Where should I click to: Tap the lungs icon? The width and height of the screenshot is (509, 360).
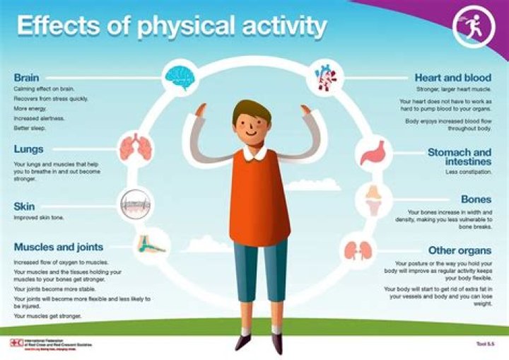click(x=134, y=147)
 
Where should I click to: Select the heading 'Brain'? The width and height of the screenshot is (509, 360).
click(x=26, y=78)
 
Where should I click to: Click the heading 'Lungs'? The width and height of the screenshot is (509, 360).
click(x=28, y=150)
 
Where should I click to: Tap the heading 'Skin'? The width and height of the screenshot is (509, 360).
click(x=25, y=207)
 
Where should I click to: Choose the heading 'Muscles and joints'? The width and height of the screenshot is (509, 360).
click(x=59, y=247)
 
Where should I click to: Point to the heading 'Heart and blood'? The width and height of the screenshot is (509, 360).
click(x=452, y=78)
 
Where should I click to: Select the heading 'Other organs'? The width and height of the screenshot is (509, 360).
click(x=460, y=250)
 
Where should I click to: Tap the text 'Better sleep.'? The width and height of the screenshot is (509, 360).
click(x=30, y=129)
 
